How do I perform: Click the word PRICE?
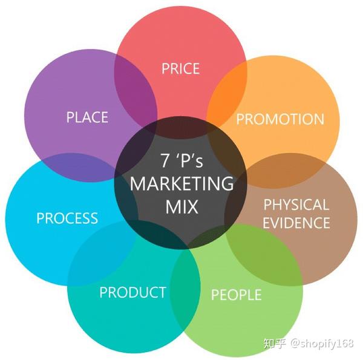coord(180,68)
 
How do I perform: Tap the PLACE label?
coord(87,117)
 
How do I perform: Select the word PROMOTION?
coord(280,119)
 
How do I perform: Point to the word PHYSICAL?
coord(296,205)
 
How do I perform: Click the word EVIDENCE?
coord(296,223)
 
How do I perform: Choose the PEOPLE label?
coord(237,295)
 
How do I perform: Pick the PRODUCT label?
coord(132,292)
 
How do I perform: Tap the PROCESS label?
coord(67,218)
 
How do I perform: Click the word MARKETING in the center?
coord(181,183)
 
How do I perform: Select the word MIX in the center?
coord(181,206)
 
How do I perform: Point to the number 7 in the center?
coord(165,160)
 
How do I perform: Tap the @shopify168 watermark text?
coord(322,343)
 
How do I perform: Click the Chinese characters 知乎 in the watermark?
coord(275,343)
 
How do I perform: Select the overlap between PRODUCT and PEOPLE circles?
coord(185,287)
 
